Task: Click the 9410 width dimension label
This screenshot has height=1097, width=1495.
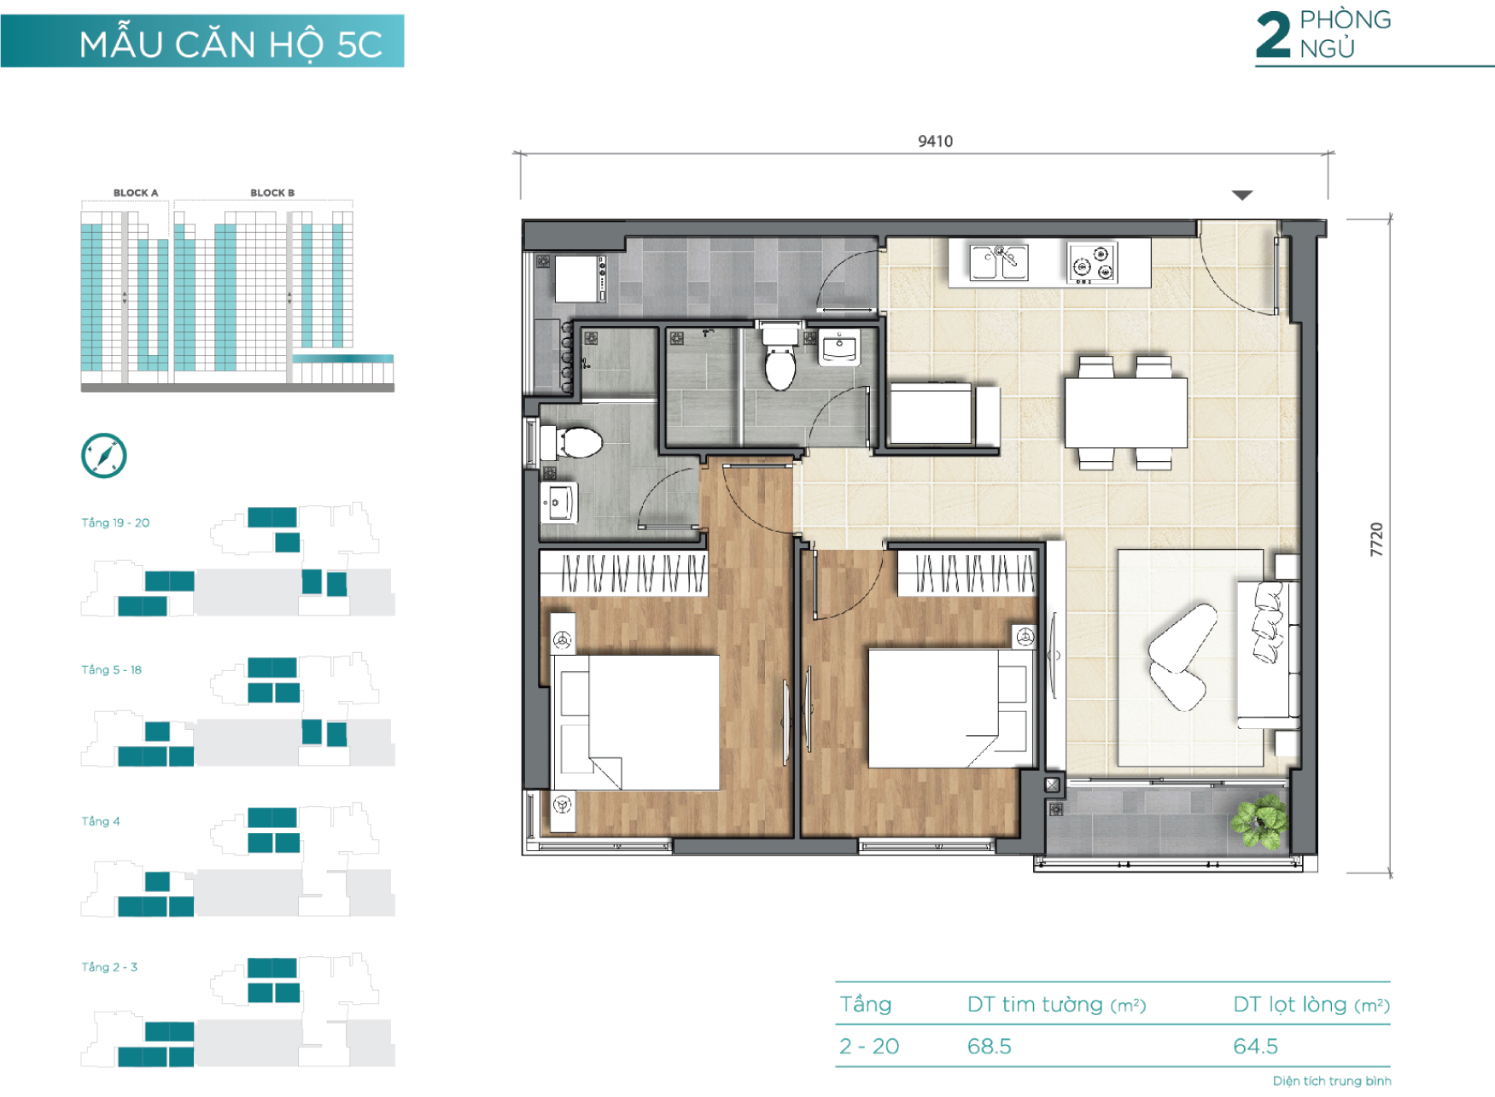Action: point(935,141)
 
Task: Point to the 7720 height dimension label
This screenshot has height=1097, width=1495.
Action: point(1375,540)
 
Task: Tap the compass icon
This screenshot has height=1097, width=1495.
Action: point(104,456)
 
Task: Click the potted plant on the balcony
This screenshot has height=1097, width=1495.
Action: point(1259,820)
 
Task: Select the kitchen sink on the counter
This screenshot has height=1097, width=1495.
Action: point(998,262)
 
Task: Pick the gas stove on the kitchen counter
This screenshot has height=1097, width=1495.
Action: point(1092,263)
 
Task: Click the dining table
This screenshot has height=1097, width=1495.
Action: point(1125,413)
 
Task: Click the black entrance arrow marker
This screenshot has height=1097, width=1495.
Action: point(1242,195)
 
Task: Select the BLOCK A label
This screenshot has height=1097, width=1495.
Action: point(136,193)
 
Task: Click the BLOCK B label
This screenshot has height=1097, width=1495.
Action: point(272,193)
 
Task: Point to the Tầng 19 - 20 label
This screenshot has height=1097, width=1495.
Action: point(115,522)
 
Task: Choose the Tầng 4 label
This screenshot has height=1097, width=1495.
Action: point(101,821)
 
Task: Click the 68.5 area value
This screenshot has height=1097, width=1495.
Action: point(989,1046)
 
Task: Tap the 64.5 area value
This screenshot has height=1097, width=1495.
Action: point(1255,1046)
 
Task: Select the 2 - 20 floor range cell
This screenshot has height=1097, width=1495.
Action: point(869,1046)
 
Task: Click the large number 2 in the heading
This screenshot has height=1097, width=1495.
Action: point(1273,35)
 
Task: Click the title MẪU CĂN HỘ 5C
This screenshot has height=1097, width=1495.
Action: point(231,44)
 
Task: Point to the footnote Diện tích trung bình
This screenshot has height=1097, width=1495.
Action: point(1332,1081)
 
